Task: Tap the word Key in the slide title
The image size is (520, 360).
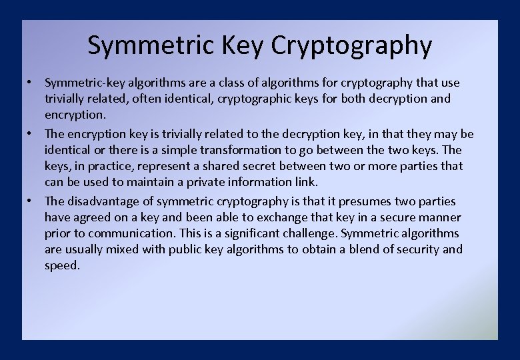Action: (245, 45)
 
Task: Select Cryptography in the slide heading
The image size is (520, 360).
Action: (352, 45)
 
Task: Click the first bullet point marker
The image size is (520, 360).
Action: (31, 83)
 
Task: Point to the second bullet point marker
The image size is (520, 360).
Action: (31, 134)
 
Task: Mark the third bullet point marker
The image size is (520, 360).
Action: (31, 201)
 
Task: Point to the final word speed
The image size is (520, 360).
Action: (62, 265)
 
